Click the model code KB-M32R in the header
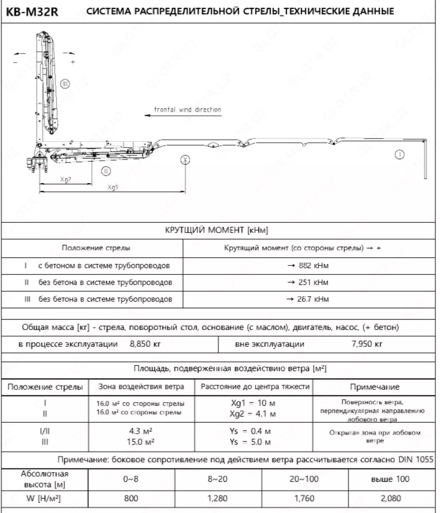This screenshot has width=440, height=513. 32,12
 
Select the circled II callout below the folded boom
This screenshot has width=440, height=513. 105,171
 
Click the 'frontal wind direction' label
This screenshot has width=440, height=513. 187,109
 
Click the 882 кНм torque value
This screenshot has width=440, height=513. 308,266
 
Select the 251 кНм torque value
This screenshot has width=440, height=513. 308,283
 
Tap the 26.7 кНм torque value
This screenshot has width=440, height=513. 308,299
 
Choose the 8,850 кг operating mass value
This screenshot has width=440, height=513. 145,344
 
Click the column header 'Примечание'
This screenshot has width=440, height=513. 375,387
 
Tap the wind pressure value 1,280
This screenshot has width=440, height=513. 217,498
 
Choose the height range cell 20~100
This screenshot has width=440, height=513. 304,479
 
